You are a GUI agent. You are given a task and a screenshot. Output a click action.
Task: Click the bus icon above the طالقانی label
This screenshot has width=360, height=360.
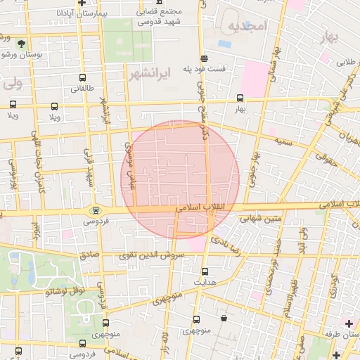83,78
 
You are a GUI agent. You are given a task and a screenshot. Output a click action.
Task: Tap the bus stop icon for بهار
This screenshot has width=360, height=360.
240,98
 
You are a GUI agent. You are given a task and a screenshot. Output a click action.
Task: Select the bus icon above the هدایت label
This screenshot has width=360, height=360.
205,271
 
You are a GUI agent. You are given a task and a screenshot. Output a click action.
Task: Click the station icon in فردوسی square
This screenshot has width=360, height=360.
96,210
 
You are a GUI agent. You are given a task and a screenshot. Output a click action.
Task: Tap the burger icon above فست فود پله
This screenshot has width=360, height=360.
204,58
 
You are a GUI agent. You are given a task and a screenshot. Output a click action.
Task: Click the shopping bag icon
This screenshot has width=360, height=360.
224,319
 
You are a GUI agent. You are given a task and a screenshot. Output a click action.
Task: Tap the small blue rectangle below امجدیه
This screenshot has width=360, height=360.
224,44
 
